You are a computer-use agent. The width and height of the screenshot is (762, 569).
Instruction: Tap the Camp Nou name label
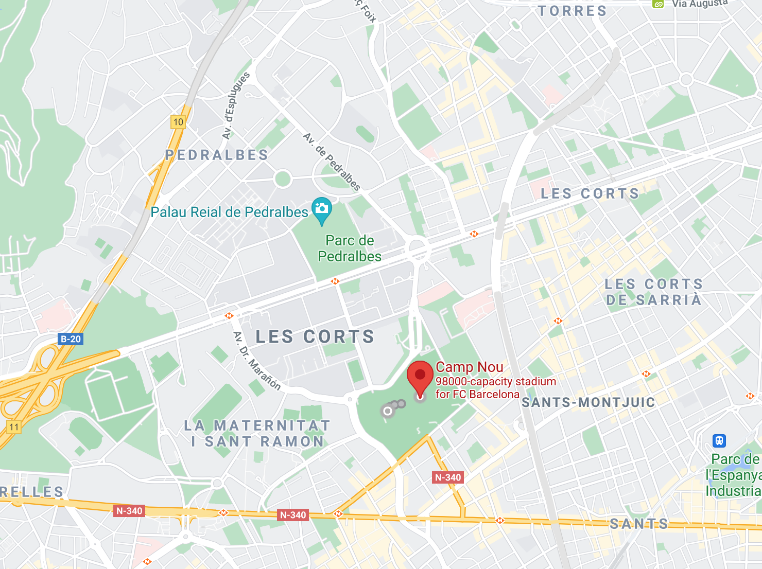pos(469,367)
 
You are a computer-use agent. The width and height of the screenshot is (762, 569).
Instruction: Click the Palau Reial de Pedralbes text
pos(229,212)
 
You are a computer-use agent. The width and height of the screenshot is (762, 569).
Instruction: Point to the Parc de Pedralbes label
pos(350,248)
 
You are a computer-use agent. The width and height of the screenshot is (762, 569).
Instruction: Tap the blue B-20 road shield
pos(71,339)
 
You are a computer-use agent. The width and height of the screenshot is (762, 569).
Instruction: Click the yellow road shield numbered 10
pos(178,122)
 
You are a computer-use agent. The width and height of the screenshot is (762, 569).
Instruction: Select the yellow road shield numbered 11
pos(14,427)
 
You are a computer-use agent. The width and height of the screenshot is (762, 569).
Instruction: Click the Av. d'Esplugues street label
pos(236,105)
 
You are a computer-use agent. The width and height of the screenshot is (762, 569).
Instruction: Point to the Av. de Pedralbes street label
pos(332,162)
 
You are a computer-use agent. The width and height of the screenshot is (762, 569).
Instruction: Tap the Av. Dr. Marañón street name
pos(257,361)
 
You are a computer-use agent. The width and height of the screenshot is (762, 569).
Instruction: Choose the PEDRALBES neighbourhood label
pos(217,155)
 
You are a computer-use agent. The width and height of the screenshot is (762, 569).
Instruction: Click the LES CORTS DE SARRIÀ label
pos(653,292)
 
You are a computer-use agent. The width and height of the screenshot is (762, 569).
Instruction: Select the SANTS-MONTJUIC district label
pos(588,402)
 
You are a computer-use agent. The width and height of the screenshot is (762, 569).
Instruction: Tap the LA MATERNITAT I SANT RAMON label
pos(257,434)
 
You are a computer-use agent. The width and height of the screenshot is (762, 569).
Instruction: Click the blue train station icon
pos(719,440)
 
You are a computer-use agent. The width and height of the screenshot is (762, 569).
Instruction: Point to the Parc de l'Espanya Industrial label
pos(734,475)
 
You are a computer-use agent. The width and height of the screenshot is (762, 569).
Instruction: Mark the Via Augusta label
pos(699,4)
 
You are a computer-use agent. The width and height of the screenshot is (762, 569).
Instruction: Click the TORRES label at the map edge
pos(573,11)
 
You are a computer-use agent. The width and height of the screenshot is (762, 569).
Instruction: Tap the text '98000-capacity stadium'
pos(495,382)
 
